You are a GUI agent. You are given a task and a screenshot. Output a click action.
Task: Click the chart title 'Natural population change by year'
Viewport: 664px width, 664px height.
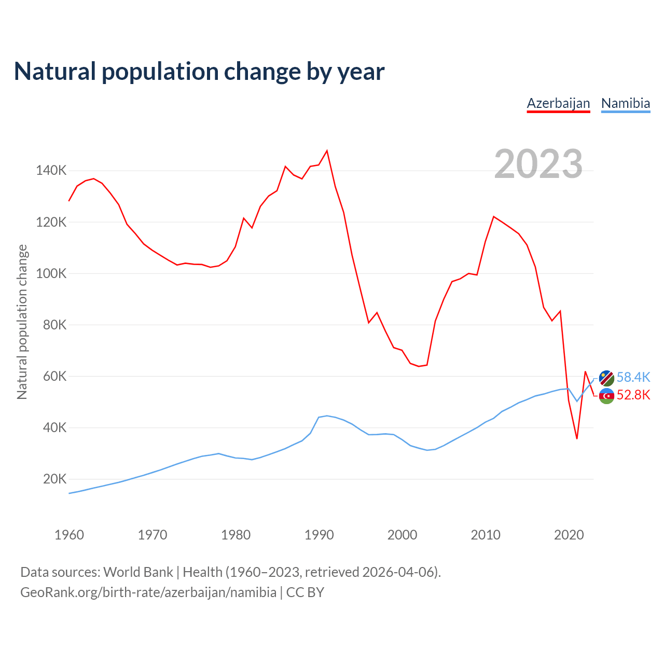tap(199, 72)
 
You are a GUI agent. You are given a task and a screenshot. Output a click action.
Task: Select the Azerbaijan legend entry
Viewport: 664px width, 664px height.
tap(558, 103)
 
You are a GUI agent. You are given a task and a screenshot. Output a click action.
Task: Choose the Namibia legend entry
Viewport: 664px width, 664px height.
tap(625, 103)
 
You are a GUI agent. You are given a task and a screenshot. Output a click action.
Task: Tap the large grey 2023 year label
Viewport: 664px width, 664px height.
tap(538, 164)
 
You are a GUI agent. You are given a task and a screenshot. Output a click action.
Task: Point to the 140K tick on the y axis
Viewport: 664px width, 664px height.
tap(51, 171)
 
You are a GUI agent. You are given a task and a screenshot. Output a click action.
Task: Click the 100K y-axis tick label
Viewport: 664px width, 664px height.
tap(51, 273)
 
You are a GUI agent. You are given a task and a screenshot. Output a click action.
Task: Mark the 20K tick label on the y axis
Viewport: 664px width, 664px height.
tap(54, 479)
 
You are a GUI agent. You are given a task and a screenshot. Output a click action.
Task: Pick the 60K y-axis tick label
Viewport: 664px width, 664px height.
tap(54, 376)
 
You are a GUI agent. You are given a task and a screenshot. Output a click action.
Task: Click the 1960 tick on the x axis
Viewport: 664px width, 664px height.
tap(69, 535)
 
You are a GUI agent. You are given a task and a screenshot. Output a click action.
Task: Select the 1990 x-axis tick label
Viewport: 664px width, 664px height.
tap(319, 535)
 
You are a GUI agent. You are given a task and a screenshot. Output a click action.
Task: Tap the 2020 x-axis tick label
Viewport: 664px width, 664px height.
tap(569, 535)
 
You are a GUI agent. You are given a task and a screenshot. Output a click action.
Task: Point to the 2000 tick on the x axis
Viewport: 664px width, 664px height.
tap(402, 535)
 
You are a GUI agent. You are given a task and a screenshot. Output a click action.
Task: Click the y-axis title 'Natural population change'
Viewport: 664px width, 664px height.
tap(22, 322)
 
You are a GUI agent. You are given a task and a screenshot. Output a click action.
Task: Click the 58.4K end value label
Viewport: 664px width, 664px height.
tap(633, 378)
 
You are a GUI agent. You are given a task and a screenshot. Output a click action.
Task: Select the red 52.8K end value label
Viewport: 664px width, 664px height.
tap(633, 395)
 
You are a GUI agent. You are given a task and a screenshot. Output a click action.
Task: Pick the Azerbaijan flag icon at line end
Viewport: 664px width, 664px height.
tap(606, 396)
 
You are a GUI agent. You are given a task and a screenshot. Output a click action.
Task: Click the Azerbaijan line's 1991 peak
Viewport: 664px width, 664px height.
tap(327, 151)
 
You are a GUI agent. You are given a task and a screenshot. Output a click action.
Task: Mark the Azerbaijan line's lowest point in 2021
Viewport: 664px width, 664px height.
tap(577, 439)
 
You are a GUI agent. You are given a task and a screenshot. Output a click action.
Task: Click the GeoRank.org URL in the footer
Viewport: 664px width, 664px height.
tap(148, 592)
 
